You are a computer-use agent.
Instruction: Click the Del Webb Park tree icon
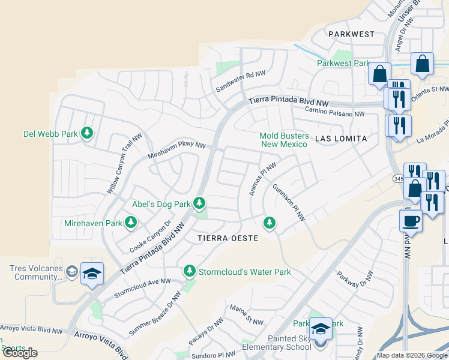[87, 133]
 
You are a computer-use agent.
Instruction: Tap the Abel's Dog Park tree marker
[199, 204]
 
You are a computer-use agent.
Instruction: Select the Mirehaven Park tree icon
[130, 223]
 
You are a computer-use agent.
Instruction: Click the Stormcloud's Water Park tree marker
[190, 272]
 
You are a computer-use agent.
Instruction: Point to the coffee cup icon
[411, 220]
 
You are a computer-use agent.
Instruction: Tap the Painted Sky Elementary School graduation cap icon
[321, 329]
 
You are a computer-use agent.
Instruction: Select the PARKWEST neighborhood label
[351, 35]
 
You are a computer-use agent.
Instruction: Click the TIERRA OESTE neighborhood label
[228, 238]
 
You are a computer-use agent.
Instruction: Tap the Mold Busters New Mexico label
[283, 140]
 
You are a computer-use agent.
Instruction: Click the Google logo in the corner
[20, 353]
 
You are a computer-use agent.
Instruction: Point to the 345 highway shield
[399, 179]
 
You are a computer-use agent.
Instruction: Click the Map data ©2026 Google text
[411, 355]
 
